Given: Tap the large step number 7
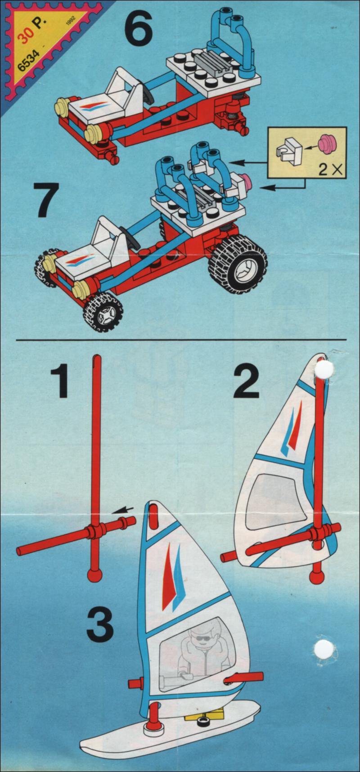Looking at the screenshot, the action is click(48, 199).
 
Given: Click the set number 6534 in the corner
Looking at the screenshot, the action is click(28, 60).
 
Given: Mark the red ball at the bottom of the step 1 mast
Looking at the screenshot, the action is click(94, 575).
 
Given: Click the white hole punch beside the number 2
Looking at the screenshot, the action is click(324, 369).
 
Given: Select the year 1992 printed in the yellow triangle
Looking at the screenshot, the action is click(70, 22).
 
